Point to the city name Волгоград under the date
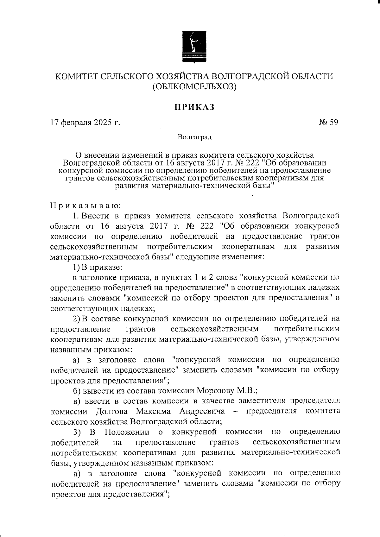point(194,137)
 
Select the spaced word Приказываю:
point(85,206)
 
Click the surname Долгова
point(111,411)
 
